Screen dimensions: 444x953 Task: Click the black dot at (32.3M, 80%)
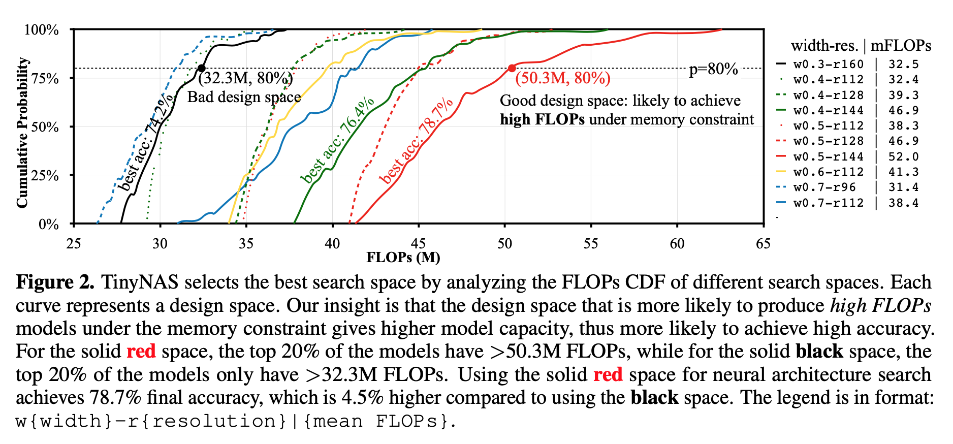[x=201, y=68]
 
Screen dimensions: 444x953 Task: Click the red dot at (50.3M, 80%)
[x=512, y=68]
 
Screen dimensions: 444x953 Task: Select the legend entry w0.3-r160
[x=828, y=64]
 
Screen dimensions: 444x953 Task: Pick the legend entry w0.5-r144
[x=828, y=156]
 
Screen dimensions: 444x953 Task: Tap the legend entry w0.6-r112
[x=828, y=172]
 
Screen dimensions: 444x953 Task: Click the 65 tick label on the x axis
[x=763, y=243]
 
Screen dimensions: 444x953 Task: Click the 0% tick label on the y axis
[x=49, y=224]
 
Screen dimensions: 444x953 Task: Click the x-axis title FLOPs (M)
[x=403, y=258]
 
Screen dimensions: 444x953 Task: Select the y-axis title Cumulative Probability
[x=22, y=133]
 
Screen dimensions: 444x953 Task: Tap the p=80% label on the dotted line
[x=713, y=69]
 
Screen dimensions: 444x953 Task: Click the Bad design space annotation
[x=244, y=97]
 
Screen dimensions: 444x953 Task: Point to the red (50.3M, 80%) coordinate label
[x=563, y=78]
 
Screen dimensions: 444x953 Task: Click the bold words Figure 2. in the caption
[x=55, y=282]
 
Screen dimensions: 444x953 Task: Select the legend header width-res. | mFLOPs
[x=861, y=46]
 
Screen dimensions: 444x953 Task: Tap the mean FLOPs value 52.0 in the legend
[x=903, y=156]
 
